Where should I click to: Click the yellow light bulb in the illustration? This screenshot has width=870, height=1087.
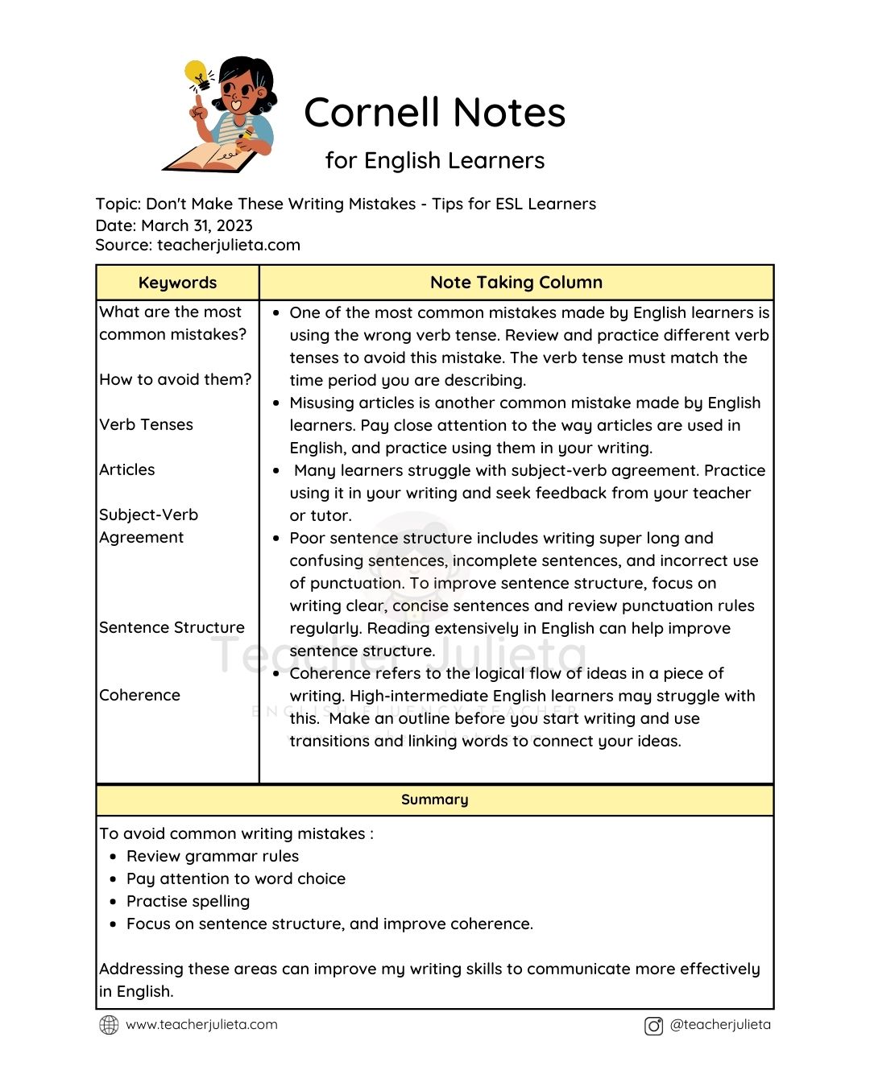point(196,74)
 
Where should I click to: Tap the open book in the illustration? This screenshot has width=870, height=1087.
point(211,156)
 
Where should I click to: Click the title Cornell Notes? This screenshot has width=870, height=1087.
point(434,113)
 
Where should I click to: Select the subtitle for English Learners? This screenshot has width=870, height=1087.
point(434,160)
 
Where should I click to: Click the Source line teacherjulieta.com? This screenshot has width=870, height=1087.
point(197,245)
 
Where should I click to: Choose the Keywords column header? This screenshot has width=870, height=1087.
point(177,283)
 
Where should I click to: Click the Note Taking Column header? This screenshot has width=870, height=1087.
point(516,283)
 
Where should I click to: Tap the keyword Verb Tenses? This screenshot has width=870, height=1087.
point(146,424)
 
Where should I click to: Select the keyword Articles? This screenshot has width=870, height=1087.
point(127,469)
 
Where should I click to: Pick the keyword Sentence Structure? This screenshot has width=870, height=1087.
point(172,627)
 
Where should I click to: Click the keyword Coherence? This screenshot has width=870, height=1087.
point(139,695)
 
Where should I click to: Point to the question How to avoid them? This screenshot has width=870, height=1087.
point(175,379)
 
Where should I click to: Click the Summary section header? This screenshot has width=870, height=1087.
point(434,800)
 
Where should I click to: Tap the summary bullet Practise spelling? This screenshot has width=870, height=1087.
point(188,901)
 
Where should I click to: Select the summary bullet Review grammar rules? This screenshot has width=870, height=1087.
point(212,856)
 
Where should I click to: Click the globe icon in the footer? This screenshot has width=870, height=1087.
point(109,1025)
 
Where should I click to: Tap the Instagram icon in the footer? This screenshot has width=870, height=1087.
point(653,1026)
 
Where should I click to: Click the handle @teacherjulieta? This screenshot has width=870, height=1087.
point(719,1025)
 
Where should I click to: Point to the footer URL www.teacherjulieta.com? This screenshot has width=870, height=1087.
point(201,1025)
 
